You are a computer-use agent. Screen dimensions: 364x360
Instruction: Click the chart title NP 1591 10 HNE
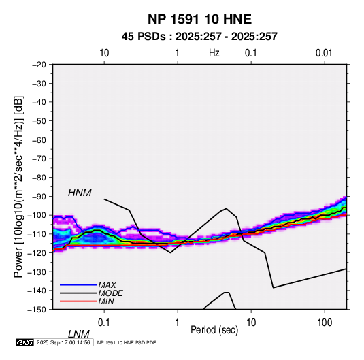(199, 19)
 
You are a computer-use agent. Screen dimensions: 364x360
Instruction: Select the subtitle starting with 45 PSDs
(199, 37)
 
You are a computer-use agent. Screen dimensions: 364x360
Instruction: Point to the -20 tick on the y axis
(39, 65)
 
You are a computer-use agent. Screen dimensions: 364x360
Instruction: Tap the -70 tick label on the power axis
(39, 159)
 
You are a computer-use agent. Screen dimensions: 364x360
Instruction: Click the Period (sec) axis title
(214, 330)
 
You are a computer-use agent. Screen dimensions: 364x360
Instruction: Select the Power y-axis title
(18, 187)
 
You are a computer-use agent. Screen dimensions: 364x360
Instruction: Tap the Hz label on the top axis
(214, 53)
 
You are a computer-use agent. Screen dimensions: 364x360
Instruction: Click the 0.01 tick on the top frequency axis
(324, 53)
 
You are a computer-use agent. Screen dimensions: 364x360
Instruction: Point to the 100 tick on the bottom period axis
(325, 323)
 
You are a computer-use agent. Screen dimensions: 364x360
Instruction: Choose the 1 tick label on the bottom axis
(178, 323)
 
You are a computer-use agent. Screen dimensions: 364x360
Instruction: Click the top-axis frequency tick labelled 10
(104, 53)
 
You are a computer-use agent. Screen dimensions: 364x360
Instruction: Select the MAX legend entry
(107, 285)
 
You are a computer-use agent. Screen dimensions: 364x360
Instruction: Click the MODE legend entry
(110, 293)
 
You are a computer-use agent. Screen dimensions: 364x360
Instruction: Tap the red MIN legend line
(78, 301)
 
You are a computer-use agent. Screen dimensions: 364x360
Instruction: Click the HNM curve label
(80, 193)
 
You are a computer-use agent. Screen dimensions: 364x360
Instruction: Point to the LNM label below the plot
(79, 334)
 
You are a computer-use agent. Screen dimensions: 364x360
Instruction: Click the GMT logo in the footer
(25, 342)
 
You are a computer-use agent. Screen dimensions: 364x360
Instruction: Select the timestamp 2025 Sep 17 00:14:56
(63, 342)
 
